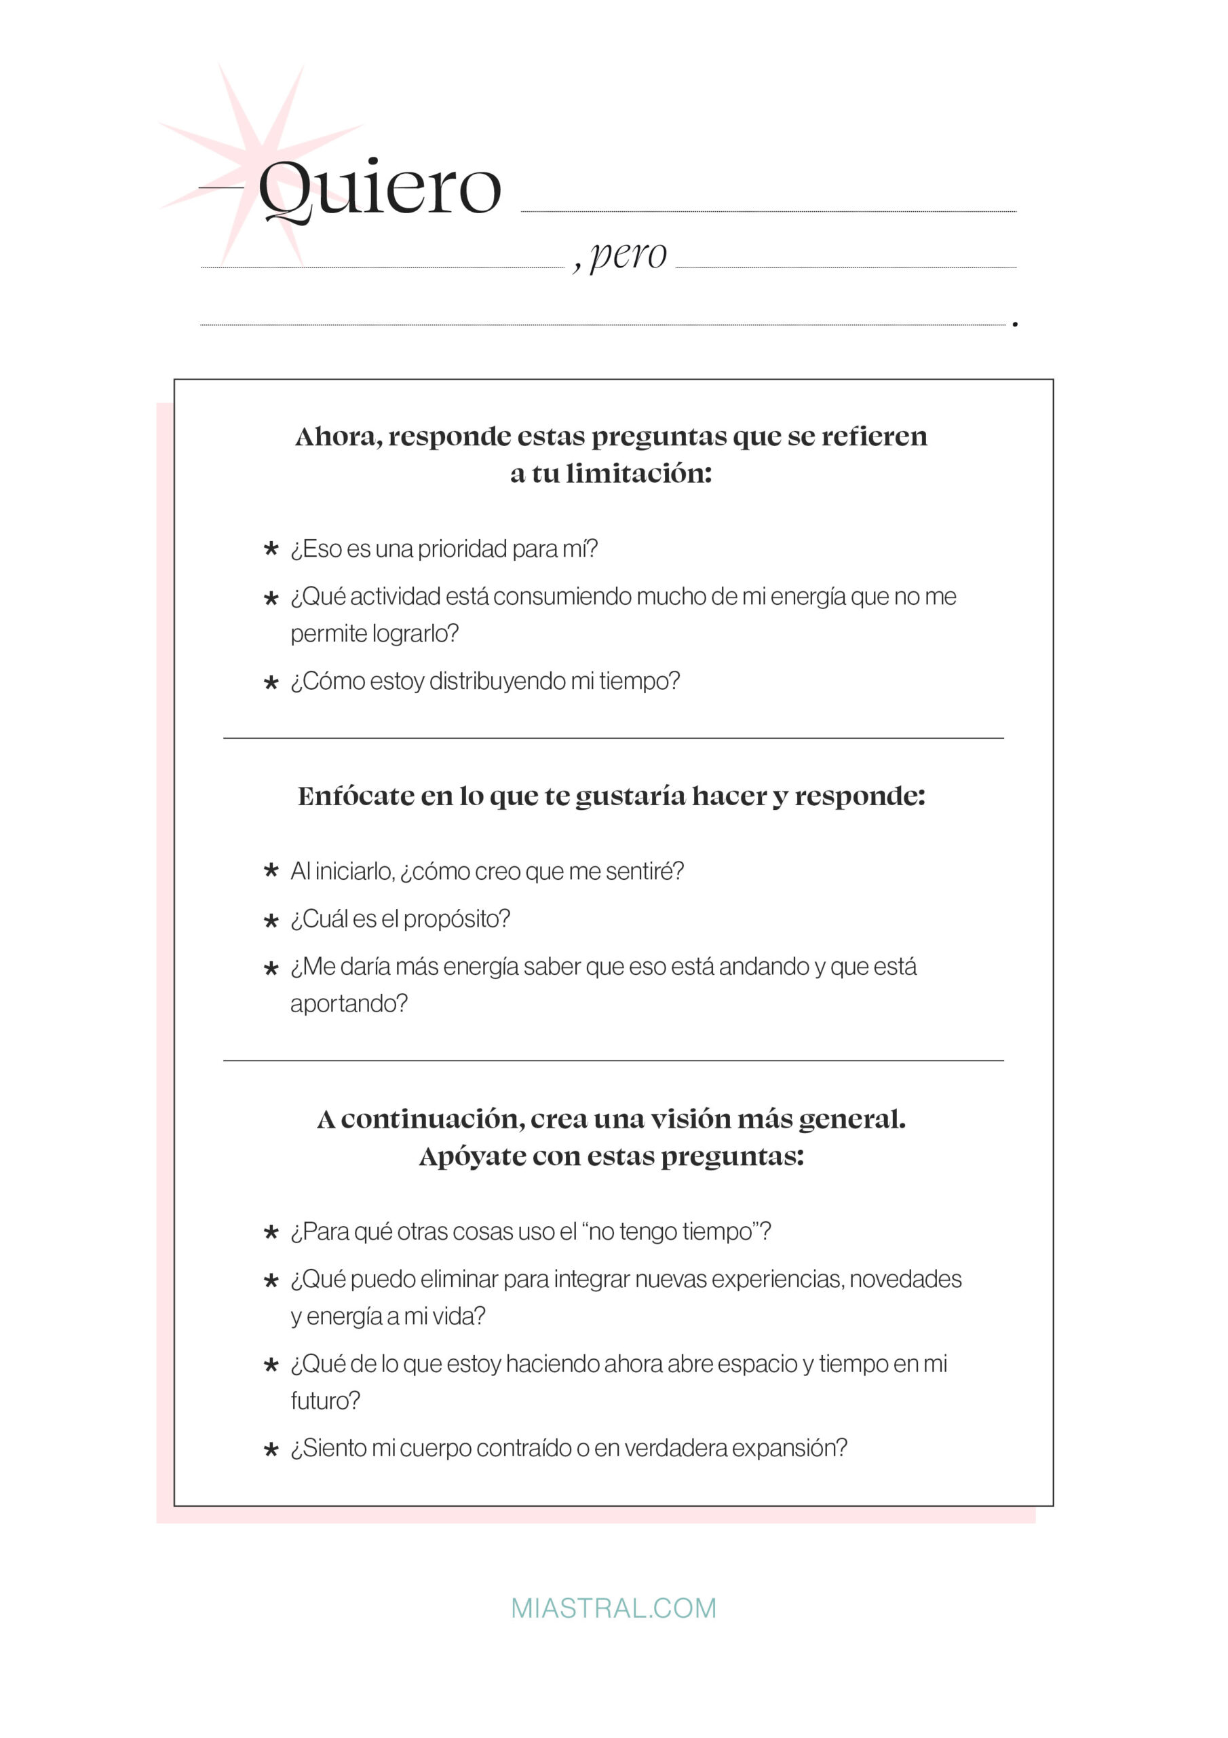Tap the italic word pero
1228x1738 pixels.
coord(628,255)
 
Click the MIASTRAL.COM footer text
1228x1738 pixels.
coord(613,1608)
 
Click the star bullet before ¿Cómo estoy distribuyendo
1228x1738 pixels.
coord(271,682)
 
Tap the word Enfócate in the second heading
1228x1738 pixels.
coord(349,796)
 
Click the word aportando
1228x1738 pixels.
coord(348,1003)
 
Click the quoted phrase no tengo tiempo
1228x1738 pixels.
coord(670,1232)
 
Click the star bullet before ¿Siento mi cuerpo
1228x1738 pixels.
coord(271,1449)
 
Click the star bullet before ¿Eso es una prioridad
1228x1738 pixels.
coord(271,549)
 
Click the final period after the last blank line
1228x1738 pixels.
coord(1015,325)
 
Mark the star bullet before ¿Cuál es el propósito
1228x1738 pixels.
coord(271,921)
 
